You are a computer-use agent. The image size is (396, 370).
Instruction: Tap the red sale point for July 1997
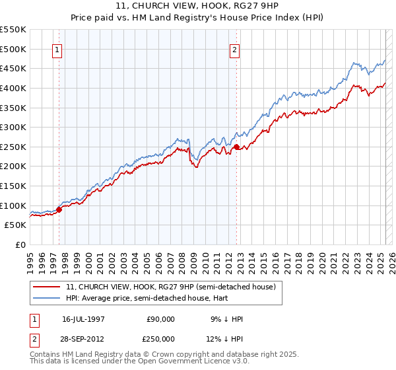coord(59,209)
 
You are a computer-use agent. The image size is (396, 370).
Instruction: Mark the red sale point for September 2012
coord(237,147)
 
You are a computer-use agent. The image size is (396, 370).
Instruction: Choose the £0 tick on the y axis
coord(20,244)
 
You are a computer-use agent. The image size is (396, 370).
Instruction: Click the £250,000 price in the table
coord(161,338)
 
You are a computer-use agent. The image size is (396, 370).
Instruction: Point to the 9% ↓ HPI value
coord(226,319)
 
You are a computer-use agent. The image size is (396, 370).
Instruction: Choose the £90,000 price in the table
coord(161,319)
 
